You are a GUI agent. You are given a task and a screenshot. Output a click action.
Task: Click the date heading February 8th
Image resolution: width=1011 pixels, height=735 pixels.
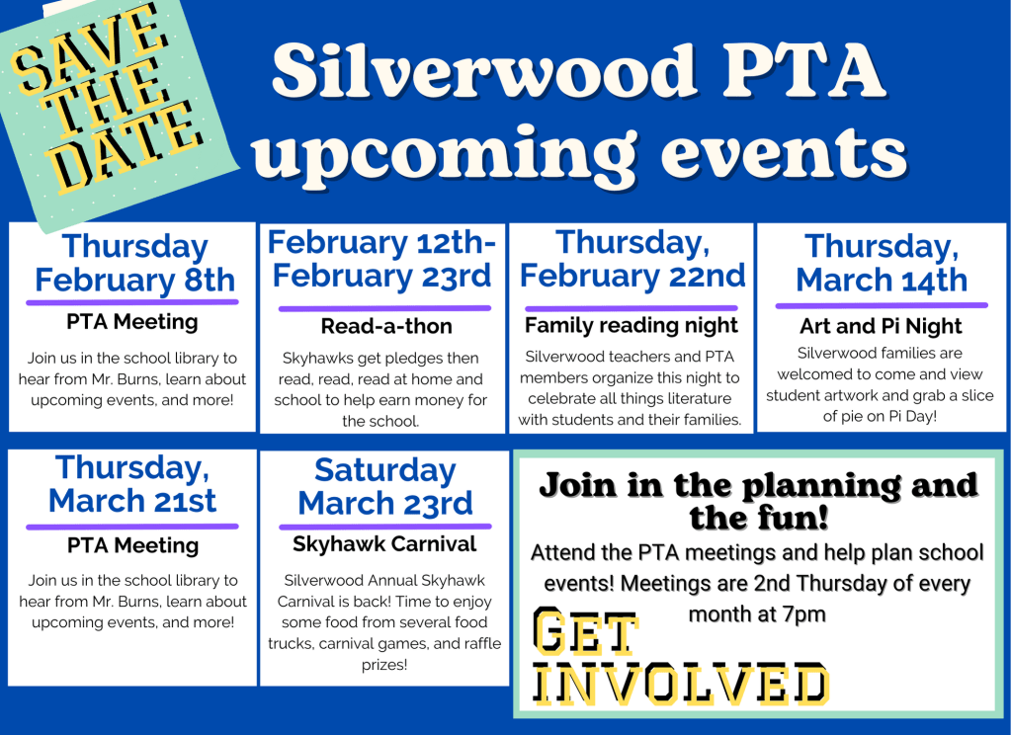click(134, 281)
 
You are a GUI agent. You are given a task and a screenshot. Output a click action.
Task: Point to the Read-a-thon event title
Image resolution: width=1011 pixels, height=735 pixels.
click(386, 326)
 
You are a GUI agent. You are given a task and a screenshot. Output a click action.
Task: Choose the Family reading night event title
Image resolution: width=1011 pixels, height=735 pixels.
click(632, 326)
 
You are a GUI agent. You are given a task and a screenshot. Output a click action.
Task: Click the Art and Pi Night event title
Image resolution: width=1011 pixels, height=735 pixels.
click(881, 326)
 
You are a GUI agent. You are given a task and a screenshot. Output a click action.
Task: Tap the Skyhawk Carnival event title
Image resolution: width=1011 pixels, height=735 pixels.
click(384, 544)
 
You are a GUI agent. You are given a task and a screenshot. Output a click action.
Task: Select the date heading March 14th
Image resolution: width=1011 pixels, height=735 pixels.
click(882, 281)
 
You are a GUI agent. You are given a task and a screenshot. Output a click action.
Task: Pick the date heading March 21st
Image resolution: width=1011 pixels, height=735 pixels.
click(132, 501)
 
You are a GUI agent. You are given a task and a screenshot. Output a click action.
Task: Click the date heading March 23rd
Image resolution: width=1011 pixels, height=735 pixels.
click(384, 504)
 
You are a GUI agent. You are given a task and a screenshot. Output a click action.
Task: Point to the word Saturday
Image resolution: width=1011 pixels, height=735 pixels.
click(384, 470)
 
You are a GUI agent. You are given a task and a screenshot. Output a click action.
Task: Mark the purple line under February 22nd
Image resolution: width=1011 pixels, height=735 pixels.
click(632, 308)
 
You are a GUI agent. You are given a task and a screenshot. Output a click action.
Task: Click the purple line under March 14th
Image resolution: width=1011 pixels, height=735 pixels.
click(882, 305)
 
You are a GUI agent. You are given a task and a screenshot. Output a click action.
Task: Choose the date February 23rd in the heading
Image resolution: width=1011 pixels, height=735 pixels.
click(381, 277)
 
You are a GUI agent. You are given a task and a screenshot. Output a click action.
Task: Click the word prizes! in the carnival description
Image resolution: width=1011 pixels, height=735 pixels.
click(384, 665)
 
